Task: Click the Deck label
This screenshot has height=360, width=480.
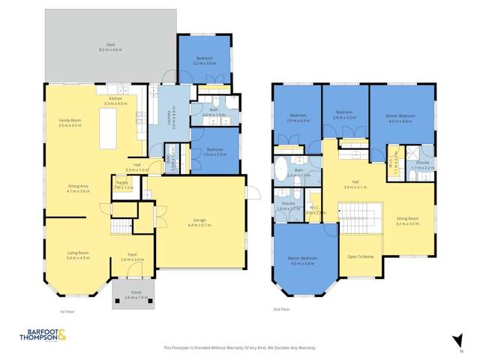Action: [x=109, y=46]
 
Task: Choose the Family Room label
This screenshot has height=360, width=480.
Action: [x=70, y=121]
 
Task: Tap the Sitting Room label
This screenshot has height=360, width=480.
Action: [x=407, y=220]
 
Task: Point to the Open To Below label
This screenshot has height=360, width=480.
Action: [x=360, y=256]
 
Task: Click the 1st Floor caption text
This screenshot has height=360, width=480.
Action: [x=67, y=310]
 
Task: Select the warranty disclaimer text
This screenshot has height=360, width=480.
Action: [x=239, y=347]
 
